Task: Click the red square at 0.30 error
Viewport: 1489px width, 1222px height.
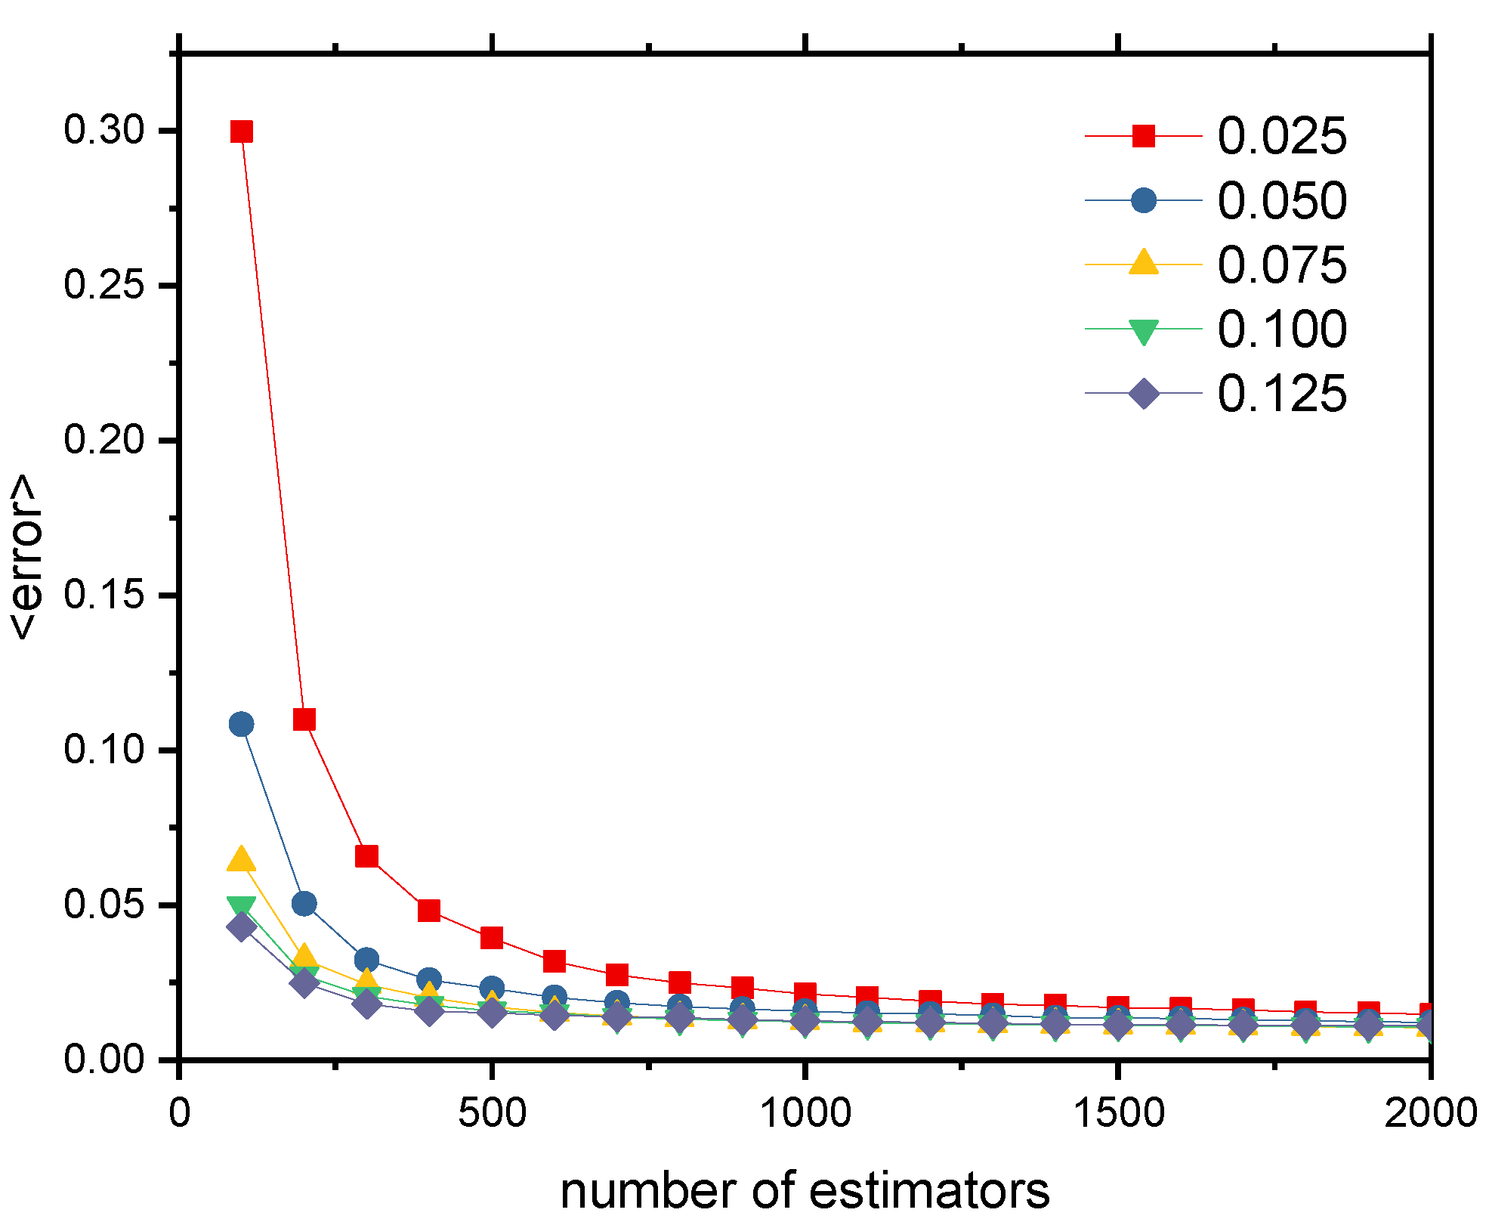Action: point(241,131)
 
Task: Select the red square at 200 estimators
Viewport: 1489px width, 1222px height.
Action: point(304,719)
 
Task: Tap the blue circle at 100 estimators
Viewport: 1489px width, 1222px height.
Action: point(241,724)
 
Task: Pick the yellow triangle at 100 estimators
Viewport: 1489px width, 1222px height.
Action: point(241,860)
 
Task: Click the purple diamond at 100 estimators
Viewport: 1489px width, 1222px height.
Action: point(241,927)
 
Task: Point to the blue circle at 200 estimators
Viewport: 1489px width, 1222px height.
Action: point(304,903)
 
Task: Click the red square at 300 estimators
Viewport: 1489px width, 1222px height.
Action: point(366,856)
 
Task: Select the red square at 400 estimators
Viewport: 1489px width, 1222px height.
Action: point(429,910)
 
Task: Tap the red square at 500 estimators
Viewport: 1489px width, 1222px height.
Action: point(492,938)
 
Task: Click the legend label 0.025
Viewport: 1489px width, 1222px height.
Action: point(1281,137)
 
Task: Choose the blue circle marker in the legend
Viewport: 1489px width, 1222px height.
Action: point(1143,200)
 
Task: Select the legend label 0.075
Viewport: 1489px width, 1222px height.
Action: point(1281,265)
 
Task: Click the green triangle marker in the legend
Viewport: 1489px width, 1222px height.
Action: point(1143,331)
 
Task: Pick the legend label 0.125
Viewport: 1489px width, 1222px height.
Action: point(1281,394)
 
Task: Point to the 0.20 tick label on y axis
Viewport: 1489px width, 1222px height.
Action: point(103,440)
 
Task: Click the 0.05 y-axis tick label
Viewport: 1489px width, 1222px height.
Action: point(103,905)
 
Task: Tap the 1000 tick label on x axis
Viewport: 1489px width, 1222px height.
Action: point(805,1113)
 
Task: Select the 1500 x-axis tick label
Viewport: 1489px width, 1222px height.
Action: point(1118,1113)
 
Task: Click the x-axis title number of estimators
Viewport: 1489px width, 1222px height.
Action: point(805,1191)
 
